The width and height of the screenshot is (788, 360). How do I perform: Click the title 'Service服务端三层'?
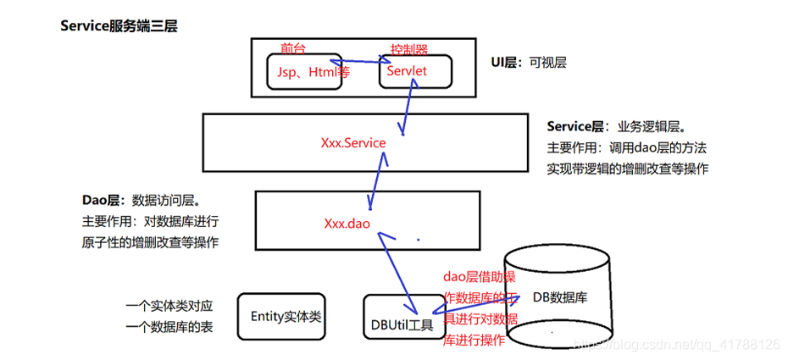(119, 26)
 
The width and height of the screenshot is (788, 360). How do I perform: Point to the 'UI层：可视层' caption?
(530, 63)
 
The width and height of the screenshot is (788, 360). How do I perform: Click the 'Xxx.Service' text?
(353, 143)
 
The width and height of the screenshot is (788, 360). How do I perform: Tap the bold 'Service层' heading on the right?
(575, 126)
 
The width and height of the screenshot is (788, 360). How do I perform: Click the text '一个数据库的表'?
(169, 327)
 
